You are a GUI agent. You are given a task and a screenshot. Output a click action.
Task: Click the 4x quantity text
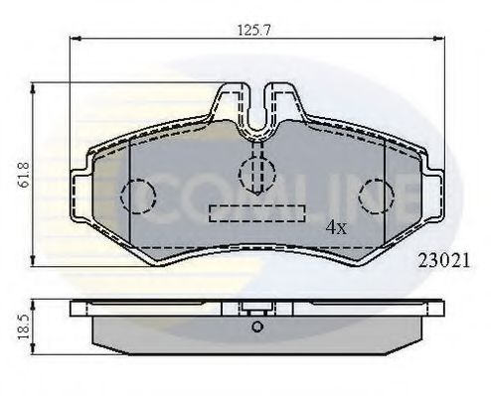[336, 227]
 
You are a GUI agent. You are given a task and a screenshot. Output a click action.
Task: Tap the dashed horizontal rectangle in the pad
[256, 213]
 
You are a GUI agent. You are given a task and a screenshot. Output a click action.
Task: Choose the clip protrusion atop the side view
[256, 306]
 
